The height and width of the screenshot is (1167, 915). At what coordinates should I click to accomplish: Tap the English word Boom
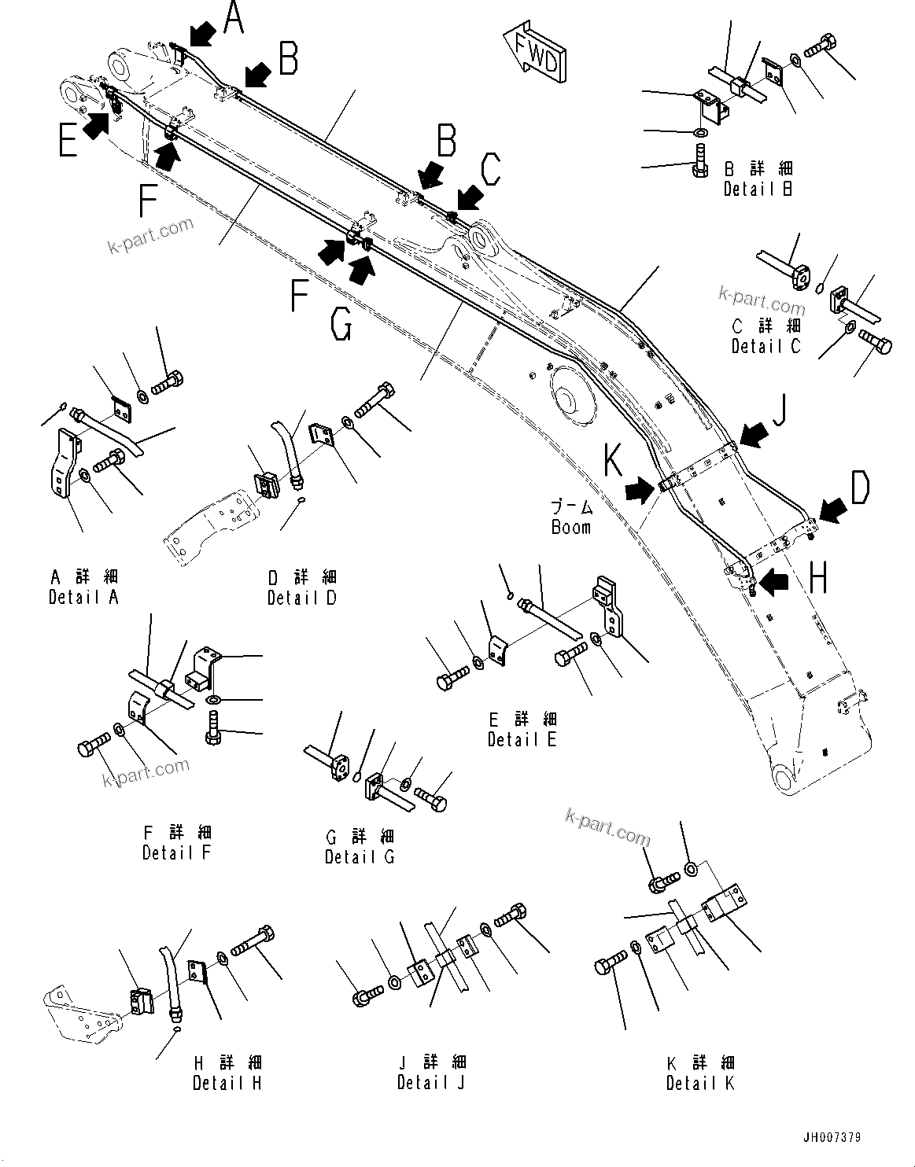[x=570, y=527]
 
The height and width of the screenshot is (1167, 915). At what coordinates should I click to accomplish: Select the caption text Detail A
[x=83, y=597]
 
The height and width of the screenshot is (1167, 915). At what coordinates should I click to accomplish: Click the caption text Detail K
[x=700, y=1083]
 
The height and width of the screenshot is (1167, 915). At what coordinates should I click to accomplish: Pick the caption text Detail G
[x=360, y=857]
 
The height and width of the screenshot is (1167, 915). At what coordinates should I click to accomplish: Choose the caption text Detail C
[x=766, y=346]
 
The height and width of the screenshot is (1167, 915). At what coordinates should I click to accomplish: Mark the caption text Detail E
[x=522, y=739]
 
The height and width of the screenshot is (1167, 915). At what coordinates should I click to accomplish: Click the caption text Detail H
[x=227, y=1083]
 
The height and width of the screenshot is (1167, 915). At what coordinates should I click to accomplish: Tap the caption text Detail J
[x=431, y=1083]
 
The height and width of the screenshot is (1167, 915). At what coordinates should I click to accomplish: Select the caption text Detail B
[x=758, y=190]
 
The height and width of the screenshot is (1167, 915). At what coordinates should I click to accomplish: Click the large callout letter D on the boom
[x=860, y=488]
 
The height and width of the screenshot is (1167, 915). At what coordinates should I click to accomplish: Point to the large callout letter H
[x=818, y=580]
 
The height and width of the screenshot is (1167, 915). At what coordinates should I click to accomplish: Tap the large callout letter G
[x=341, y=325]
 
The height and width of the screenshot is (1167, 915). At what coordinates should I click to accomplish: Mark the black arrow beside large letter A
[x=202, y=34]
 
